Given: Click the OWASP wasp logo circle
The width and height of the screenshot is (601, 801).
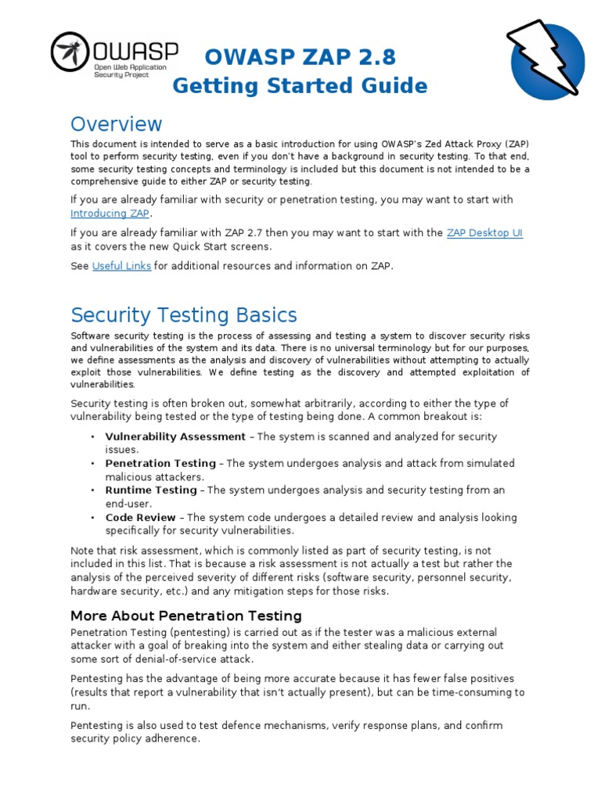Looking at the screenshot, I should [70, 52].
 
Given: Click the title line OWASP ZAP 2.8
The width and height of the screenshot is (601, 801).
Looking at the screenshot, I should [300, 56].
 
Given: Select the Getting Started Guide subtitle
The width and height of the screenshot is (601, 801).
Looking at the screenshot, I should [300, 86].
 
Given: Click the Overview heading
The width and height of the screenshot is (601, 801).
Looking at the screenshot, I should [116, 124].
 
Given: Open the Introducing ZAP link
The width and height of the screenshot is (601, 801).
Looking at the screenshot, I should [110, 214].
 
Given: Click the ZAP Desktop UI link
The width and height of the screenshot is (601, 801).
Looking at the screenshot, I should [484, 233].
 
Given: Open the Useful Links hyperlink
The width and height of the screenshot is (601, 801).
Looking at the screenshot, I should [121, 266].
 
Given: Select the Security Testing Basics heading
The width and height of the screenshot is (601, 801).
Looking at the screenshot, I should [184, 315].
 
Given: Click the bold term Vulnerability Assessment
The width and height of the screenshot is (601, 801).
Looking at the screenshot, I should [175, 436].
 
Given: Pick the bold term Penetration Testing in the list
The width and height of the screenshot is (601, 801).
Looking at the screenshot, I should [160, 463].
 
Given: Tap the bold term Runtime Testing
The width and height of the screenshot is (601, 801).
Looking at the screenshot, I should [151, 490].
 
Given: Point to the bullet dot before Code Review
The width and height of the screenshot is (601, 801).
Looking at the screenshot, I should [93, 518].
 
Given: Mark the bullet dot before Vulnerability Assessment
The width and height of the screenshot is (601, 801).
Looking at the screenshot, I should [93, 437].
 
